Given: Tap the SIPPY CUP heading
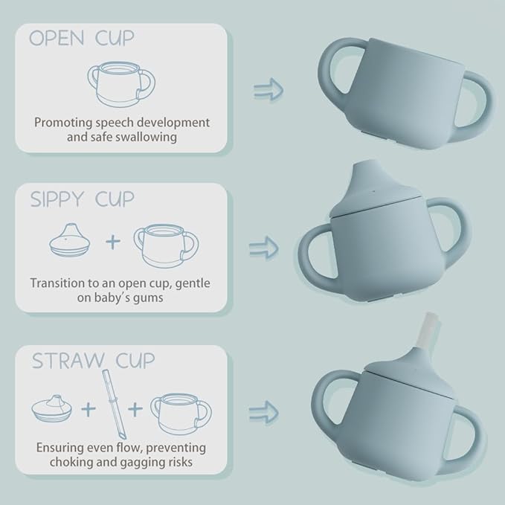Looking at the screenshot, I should [x=83, y=199].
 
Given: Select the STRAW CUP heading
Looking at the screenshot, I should [x=94, y=361].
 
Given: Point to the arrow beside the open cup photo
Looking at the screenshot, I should [x=268, y=90].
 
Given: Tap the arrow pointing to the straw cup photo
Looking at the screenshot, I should [x=263, y=409].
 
